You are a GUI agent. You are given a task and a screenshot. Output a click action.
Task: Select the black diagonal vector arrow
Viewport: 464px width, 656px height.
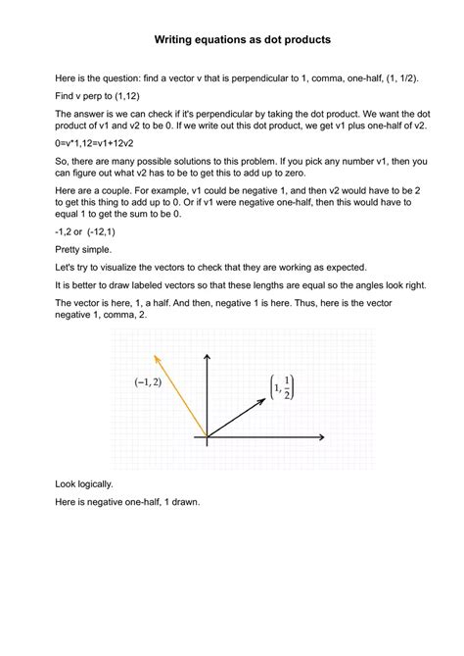pos(237,417)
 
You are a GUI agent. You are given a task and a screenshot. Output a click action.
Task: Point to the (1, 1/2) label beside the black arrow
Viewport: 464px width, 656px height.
pos(280,386)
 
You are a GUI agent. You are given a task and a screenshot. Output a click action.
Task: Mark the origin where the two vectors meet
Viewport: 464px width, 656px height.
pos(207,437)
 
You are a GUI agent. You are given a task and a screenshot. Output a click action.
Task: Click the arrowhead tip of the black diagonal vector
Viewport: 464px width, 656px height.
pos(268,397)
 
